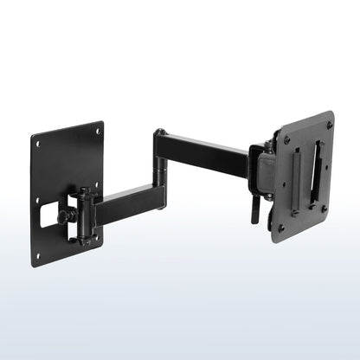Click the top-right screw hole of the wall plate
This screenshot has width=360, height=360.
(98, 131)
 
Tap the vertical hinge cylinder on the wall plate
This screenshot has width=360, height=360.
(85, 215)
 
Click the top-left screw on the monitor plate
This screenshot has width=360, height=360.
(287, 138)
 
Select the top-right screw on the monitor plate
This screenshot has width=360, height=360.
(329, 125)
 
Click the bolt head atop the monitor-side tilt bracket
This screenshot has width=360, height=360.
(269, 144)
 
